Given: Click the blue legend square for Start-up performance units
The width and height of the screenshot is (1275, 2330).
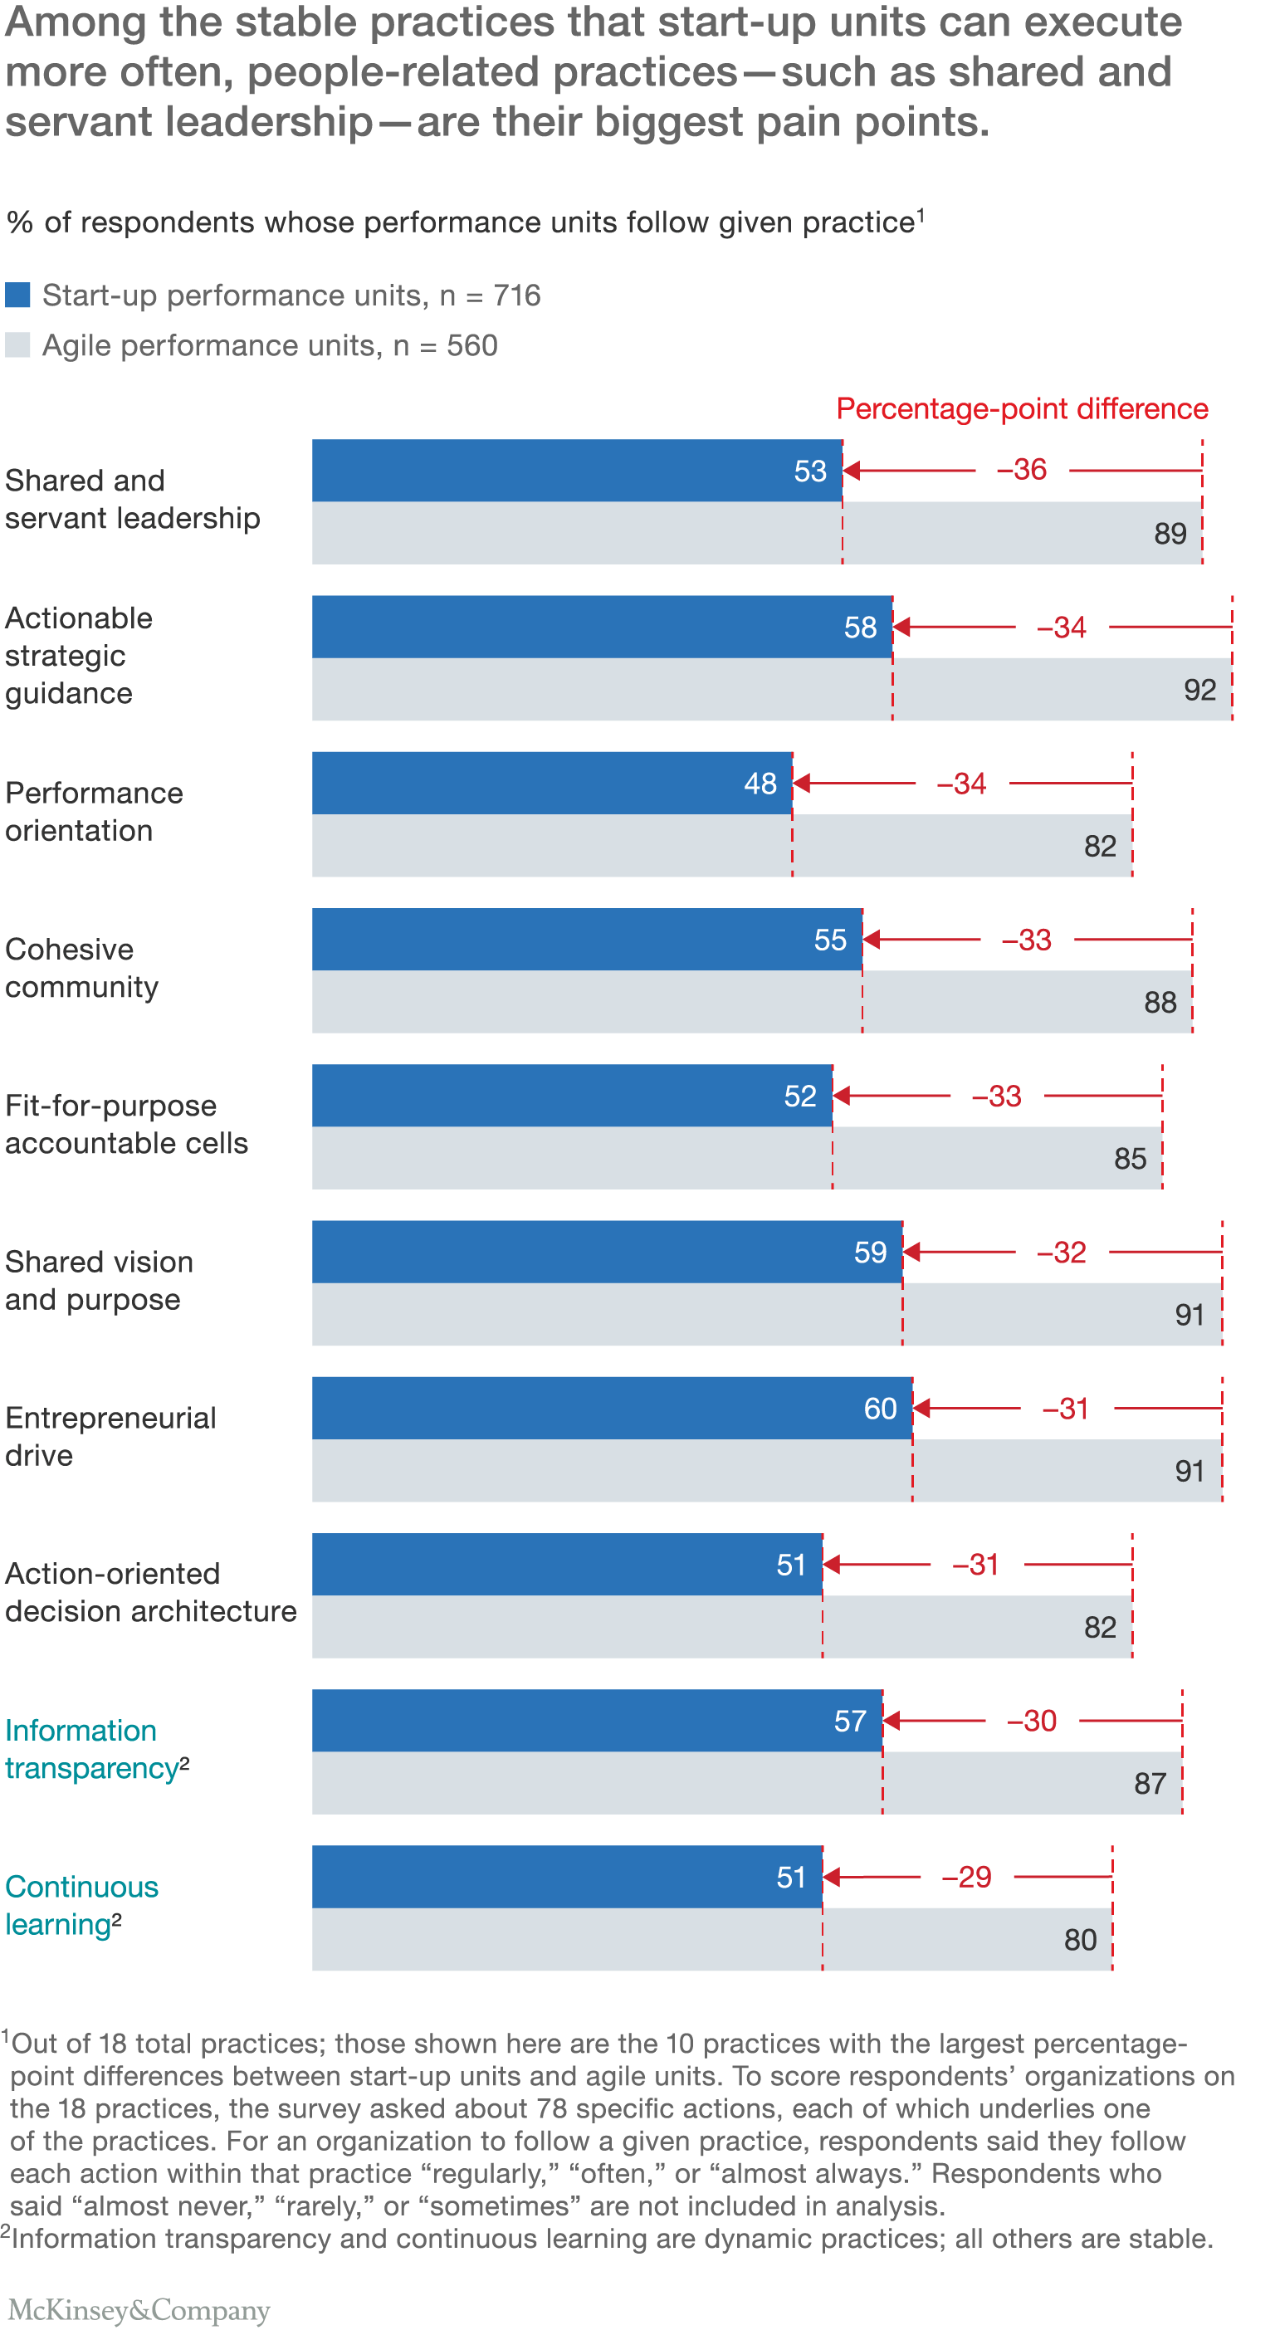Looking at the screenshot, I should [17, 295].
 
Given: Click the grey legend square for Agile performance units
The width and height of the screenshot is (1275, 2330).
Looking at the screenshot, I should [17, 344].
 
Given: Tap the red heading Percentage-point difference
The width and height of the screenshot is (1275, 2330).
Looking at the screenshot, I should [1021, 409].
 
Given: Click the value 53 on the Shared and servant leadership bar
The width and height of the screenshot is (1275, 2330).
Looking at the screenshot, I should [809, 471].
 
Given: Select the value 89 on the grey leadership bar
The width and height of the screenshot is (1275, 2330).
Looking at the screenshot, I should [1170, 534].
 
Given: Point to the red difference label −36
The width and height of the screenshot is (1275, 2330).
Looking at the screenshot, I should [1021, 470].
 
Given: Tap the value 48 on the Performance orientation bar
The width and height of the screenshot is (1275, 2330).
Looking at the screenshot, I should [760, 784].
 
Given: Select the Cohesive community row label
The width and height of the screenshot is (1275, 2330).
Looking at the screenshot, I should [81, 968].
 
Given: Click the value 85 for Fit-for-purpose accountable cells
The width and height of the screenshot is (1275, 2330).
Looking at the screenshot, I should [1130, 1159].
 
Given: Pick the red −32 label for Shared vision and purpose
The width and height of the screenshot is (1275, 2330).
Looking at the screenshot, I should [1061, 1253].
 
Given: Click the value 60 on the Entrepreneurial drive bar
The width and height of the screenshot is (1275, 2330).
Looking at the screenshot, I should [879, 1409].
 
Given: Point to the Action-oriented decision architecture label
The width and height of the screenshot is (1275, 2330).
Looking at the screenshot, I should [150, 1593].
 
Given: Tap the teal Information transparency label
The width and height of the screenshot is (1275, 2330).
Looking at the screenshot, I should [95, 1749].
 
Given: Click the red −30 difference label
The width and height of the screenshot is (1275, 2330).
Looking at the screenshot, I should [1031, 1722].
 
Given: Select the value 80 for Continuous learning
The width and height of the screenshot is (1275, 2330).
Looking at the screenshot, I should [1080, 1940].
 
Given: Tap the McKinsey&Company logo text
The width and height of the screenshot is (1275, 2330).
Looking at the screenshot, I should [139, 2309].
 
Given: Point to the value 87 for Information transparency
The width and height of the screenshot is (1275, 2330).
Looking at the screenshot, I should [1150, 1784].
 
